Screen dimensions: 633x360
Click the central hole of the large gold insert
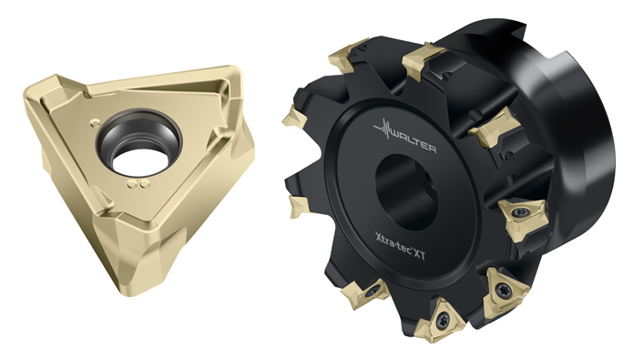138,148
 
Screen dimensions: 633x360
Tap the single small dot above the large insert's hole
96,122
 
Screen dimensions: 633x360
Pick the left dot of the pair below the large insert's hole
132,184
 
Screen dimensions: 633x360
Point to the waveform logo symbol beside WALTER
383,129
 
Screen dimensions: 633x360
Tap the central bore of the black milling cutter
405,192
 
